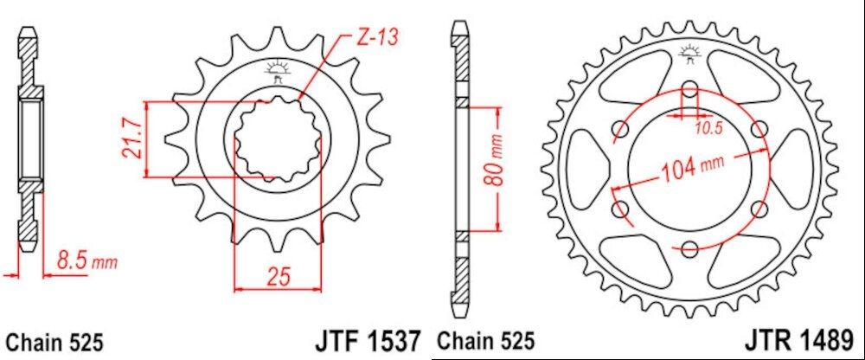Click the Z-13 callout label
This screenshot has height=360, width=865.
point(377,38)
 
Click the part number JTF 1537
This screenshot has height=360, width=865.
point(368,341)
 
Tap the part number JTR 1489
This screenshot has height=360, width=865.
point(798,341)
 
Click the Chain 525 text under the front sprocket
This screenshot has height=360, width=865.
point(54,343)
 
